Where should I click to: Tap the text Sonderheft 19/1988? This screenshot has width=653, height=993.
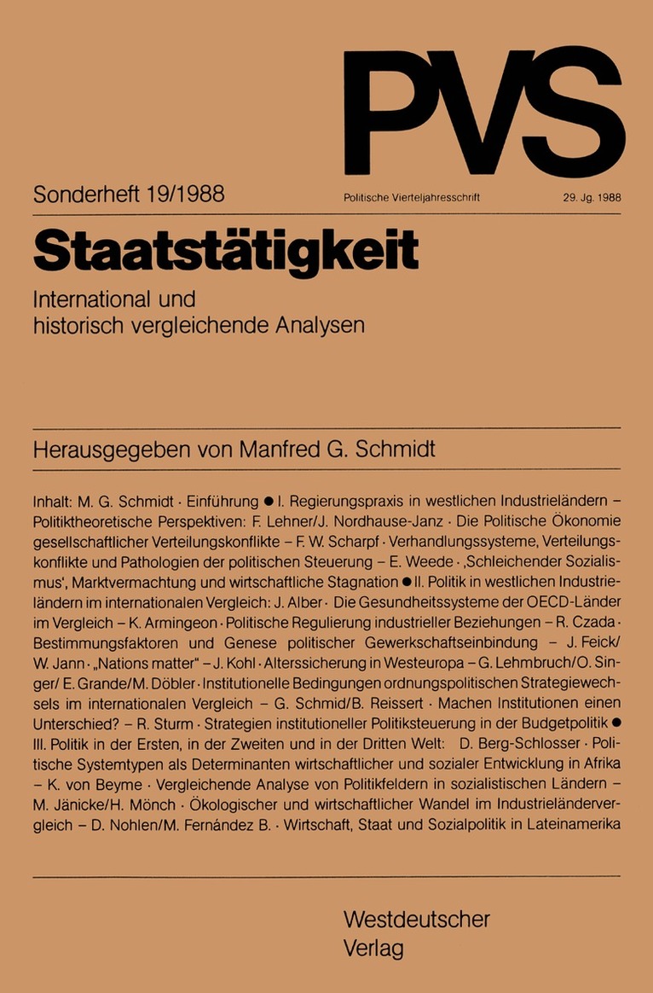pyautogui.click(x=129, y=195)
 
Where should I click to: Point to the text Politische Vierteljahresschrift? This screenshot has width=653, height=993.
pyautogui.click(x=413, y=197)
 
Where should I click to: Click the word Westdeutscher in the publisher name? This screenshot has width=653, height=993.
pyautogui.click(x=416, y=920)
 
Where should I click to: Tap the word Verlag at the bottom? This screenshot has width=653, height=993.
pyautogui.click(x=373, y=948)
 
